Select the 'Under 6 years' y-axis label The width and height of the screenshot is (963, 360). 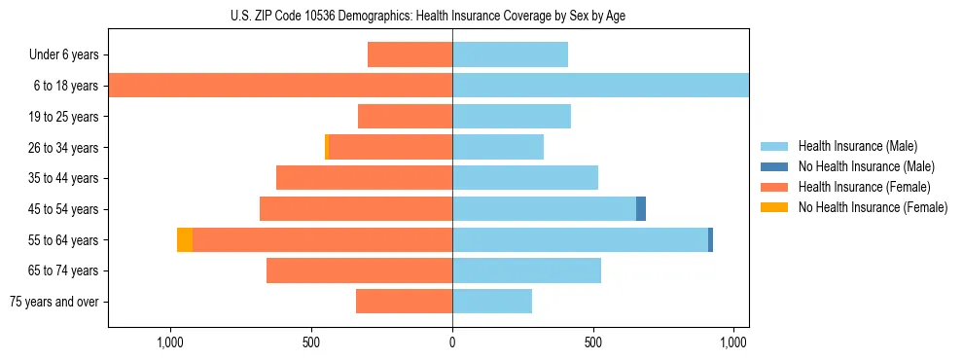(64, 55)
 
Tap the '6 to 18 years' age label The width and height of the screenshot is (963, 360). (66, 86)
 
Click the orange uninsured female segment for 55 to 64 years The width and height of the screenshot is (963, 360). (185, 239)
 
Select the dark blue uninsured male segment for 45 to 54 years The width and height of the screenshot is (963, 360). (641, 209)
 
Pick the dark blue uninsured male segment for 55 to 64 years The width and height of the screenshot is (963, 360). (710, 239)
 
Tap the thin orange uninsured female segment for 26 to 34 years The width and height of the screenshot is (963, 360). (327, 147)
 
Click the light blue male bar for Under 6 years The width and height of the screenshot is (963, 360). (510, 55)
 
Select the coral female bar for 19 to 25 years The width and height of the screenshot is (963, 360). (405, 117)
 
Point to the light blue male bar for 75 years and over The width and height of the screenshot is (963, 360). (492, 302)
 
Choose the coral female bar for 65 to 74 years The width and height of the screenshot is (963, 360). (359, 270)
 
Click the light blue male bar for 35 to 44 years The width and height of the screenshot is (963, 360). (525, 178)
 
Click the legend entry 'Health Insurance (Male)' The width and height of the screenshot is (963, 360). (857, 146)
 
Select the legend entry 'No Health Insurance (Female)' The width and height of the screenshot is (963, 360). (873, 207)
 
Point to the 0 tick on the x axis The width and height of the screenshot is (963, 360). (452, 342)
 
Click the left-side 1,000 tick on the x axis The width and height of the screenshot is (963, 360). (170, 342)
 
